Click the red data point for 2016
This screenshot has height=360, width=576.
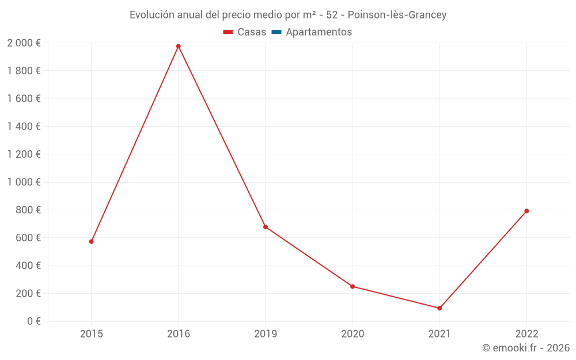coord(179,46)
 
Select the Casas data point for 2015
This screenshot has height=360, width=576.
coord(92,241)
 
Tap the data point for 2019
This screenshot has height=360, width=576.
coord(266,227)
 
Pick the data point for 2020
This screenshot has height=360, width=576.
coord(353,286)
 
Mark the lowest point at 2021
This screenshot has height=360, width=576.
coord(439,308)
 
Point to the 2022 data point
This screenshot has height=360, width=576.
coord(526,211)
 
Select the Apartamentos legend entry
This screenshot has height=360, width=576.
coord(319,32)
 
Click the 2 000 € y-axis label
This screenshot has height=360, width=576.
coord(24,43)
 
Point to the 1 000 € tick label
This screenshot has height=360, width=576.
coord(24,182)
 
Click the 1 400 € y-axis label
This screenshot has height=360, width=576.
coord(24,127)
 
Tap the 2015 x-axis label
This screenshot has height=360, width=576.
coord(92,334)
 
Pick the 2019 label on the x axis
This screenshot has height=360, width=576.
coord(266,334)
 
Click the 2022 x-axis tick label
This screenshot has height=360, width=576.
coord(526,334)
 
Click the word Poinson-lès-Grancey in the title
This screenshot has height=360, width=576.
coord(397,15)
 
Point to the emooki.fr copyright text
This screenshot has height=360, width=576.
coord(525,348)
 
